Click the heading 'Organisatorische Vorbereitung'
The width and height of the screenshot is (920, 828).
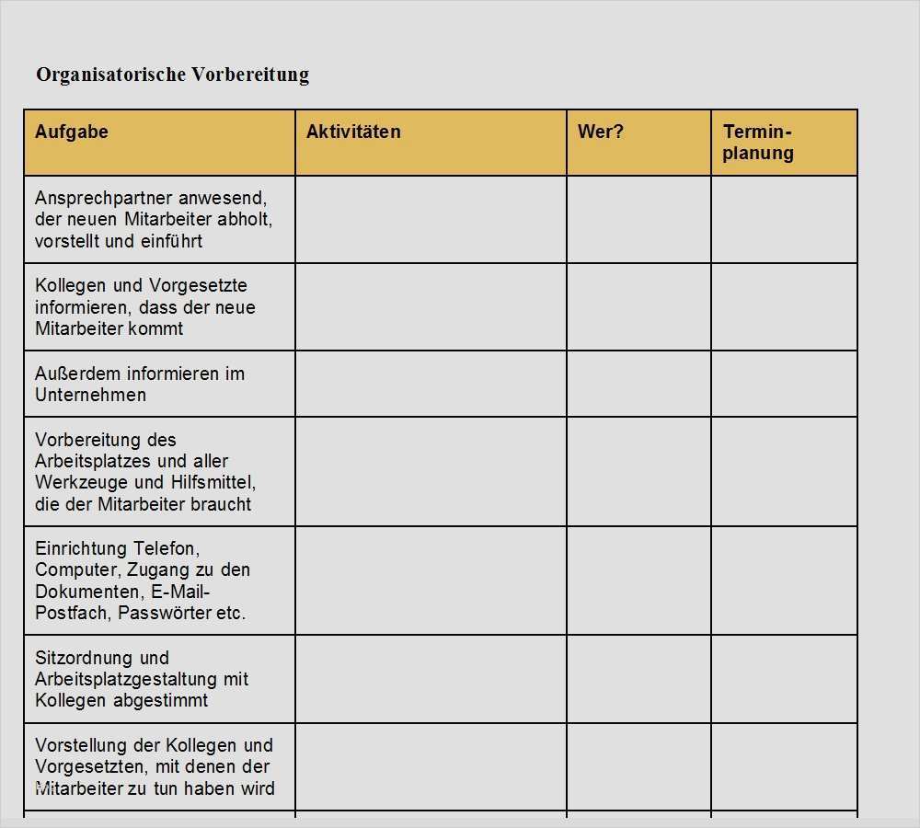click(172, 75)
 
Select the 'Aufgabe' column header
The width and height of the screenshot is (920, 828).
click(72, 132)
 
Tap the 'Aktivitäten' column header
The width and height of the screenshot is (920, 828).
click(353, 132)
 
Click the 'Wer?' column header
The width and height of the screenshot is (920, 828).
click(601, 132)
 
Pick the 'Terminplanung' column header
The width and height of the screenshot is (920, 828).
click(758, 143)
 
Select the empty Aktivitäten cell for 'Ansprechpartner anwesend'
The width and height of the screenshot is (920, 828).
click(431, 219)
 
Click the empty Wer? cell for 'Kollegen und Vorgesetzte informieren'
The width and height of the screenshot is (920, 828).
click(638, 306)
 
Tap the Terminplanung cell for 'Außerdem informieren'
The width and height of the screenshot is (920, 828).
click(784, 384)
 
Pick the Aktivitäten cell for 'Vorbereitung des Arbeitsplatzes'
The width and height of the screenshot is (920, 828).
click(431, 471)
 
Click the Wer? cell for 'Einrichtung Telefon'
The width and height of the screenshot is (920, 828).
click(638, 581)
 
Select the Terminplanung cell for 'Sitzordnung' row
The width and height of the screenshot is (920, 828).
click(784, 679)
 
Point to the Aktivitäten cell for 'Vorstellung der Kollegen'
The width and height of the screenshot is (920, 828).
click(431, 766)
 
